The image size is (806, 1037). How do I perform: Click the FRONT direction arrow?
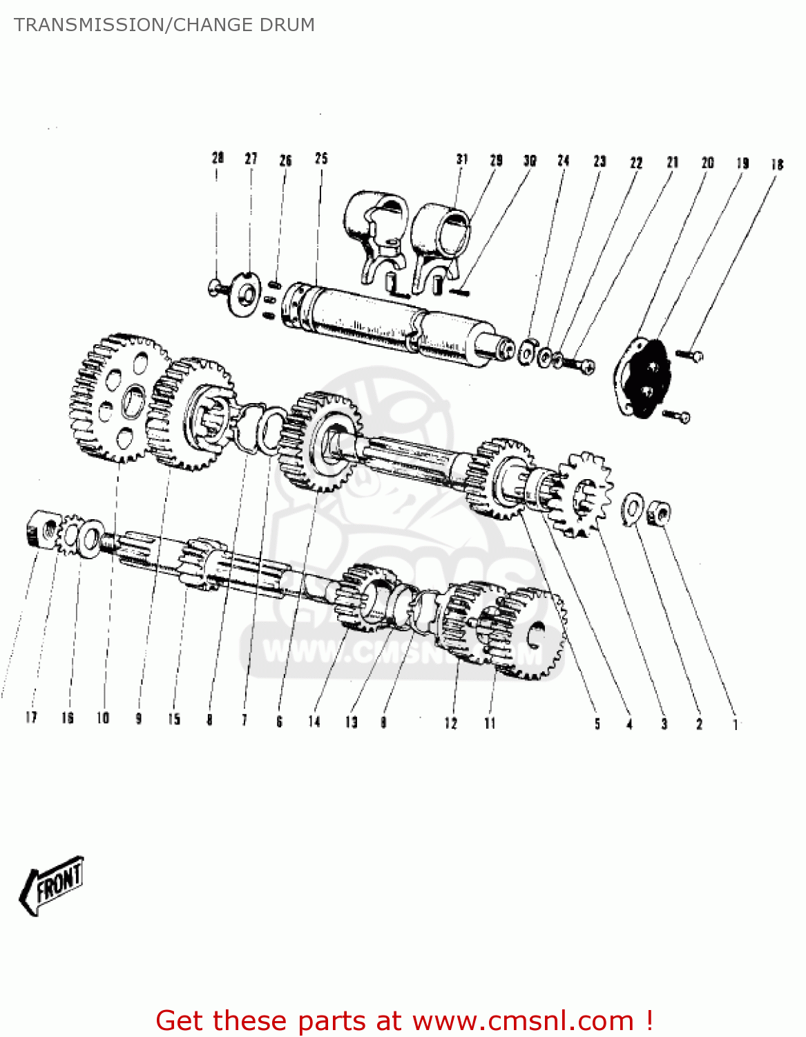[x=52, y=886]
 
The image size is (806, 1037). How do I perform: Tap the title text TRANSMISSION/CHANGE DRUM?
[x=164, y=25]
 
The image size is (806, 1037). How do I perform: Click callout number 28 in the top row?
[x=218, y=158]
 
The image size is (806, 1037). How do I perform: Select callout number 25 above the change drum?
[x=321, y=158]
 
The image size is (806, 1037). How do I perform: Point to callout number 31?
[x=462, y=159]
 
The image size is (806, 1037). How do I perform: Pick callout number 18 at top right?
[x=777, y=165]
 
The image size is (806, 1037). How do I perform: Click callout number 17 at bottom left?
[x=31, y=718]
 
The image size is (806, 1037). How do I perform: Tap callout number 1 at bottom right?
[x=735, y=725]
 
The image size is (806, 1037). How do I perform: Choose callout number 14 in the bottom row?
[x=314, y=722]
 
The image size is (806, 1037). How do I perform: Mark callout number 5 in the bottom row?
[x=597, y=724]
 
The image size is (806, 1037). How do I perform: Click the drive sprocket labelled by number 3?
[x=584, y=494]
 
